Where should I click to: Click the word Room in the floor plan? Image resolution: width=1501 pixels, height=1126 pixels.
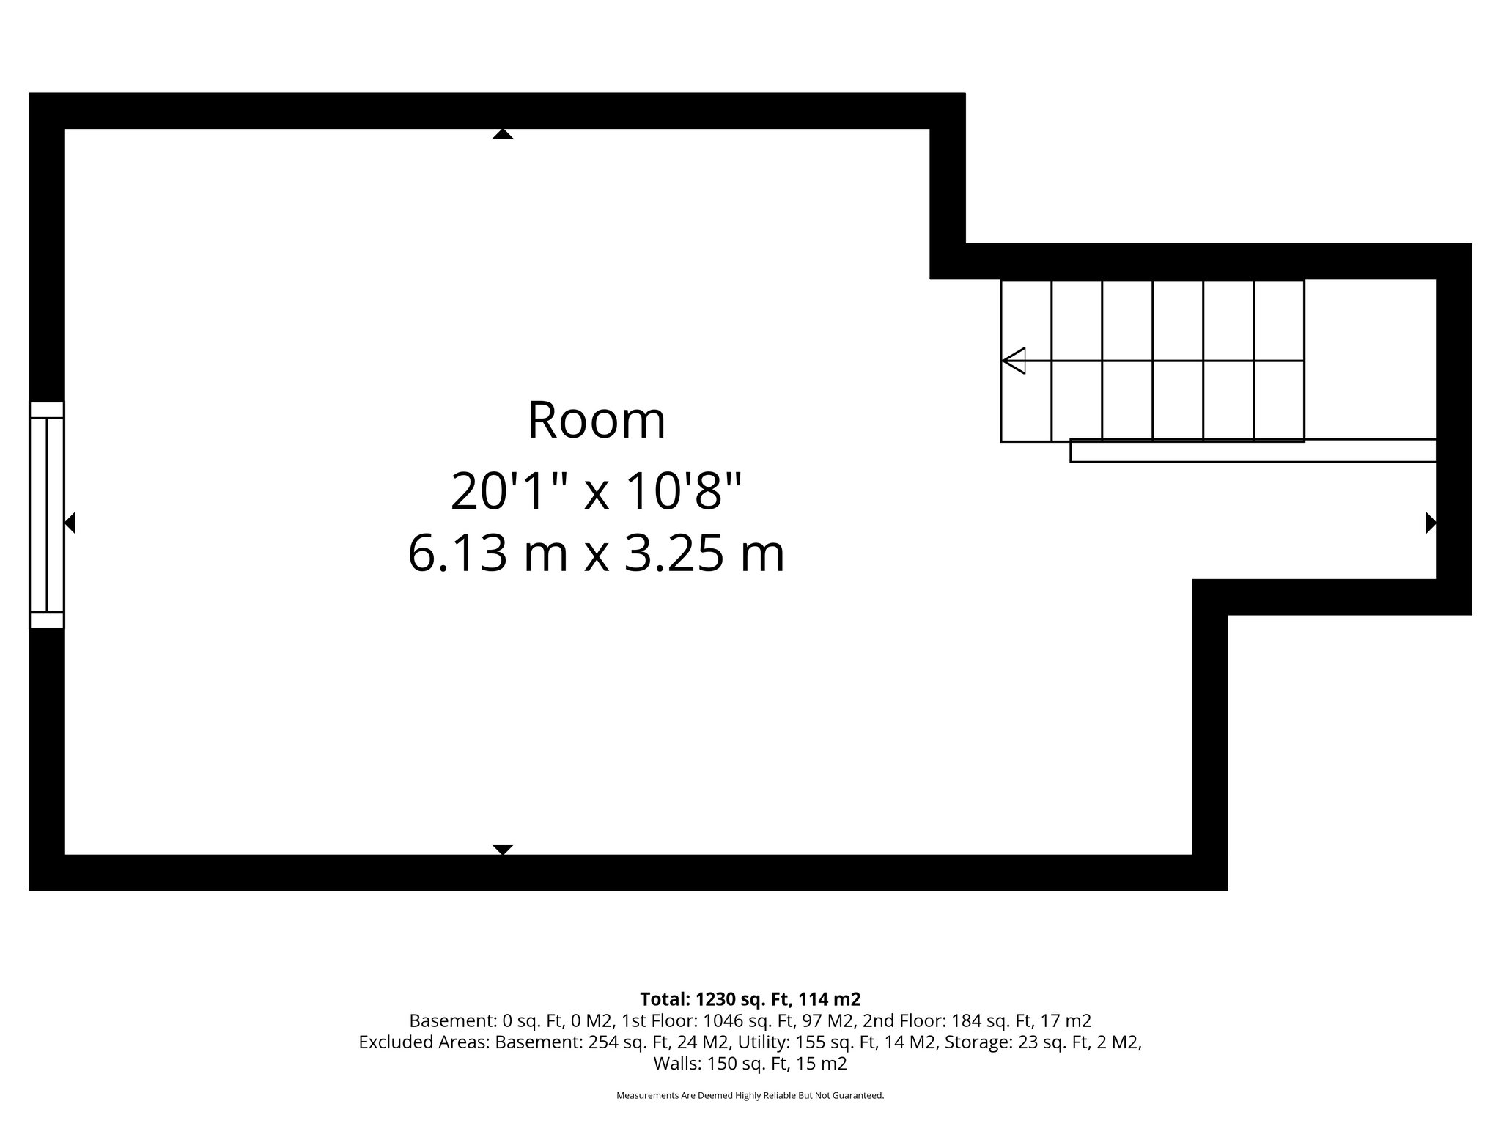[597, 421]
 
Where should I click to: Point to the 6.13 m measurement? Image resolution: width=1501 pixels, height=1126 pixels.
[487, 553]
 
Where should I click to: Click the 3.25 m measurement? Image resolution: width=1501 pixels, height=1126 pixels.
[704, 553]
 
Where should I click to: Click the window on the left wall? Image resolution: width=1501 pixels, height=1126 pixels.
[47, 515]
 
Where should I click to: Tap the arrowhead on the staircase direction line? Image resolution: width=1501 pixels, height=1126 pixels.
[1014, 361]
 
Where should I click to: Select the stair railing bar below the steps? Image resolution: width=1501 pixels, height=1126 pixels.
[1252, 451]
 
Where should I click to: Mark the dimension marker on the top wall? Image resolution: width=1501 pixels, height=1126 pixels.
[503, 133]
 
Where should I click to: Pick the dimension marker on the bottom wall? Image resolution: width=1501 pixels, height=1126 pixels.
[503, 850]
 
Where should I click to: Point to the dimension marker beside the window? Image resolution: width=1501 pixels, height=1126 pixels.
[70, 523]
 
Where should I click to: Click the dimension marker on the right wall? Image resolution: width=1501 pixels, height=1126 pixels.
[1430, 523]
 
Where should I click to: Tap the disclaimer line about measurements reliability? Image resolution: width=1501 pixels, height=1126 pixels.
[750, 1096]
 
